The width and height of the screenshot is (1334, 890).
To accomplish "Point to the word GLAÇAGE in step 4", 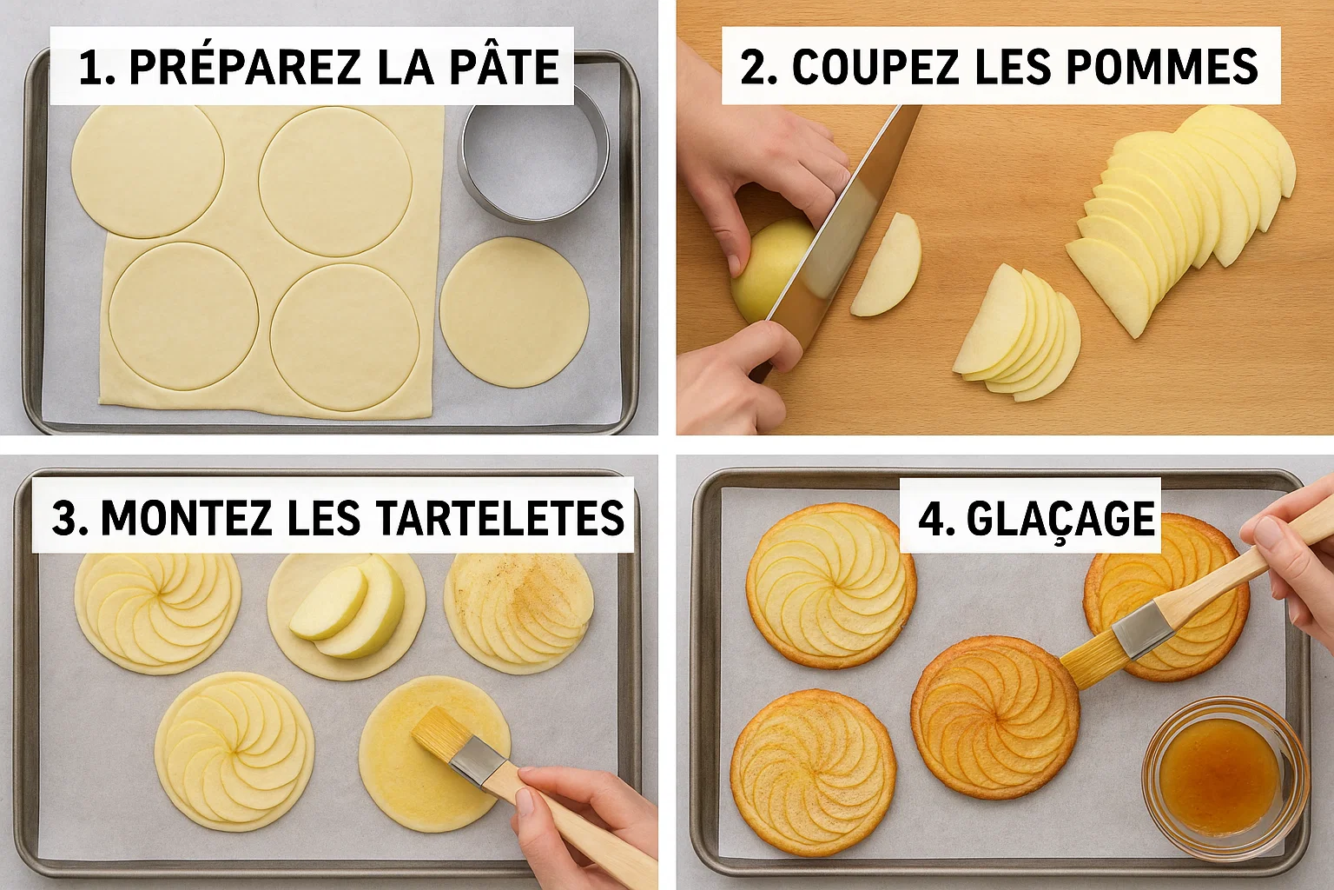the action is point(1060,518).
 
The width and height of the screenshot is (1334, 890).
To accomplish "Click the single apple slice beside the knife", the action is point(885,264).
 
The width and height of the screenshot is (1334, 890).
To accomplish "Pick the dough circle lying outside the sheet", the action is point(514,312).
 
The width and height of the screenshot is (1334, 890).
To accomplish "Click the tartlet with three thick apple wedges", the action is point(347,615).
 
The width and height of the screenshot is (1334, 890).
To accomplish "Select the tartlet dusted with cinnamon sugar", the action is point(519,614).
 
